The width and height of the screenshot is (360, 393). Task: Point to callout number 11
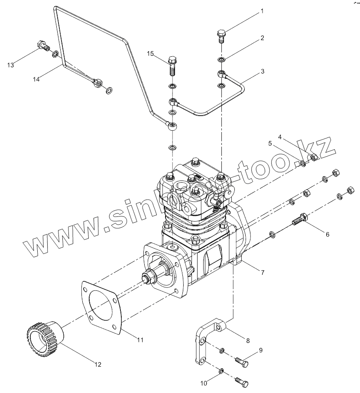140,340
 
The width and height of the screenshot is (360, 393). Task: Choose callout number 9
261,349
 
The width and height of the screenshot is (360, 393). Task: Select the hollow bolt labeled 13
42,45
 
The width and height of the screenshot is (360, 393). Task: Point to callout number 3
262,71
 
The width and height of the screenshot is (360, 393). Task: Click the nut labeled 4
314,157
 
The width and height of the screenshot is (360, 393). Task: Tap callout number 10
204,382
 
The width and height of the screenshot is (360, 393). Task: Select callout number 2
262,38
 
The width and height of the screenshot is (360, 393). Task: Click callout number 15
150,53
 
